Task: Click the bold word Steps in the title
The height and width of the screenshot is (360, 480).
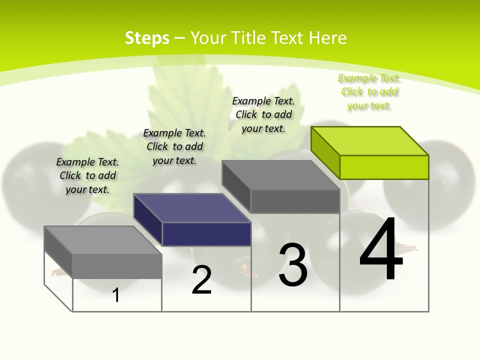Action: (147, 38)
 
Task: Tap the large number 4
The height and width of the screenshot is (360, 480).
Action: (381, 250)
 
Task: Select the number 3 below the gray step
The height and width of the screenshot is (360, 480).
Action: (293, 265)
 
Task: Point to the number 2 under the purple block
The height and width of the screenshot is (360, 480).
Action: (201, 280)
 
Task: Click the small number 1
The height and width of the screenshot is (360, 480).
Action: (116, 295)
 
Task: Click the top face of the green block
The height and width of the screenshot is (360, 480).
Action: (370, 141)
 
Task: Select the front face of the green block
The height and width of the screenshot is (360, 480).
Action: (384, 167)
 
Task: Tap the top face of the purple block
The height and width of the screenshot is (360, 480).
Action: (192, 208)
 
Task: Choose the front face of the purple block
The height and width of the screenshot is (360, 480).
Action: (206, 234)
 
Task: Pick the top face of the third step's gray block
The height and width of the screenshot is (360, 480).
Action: (281, 175)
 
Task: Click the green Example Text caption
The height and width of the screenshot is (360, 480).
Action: (369, 92)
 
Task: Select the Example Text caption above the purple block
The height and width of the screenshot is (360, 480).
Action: (174, 146)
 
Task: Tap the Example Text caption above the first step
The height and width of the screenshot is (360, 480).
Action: (87, 175)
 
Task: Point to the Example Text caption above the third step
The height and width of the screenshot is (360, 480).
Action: (263, 114)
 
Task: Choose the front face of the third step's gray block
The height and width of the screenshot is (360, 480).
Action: (295, 201)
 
